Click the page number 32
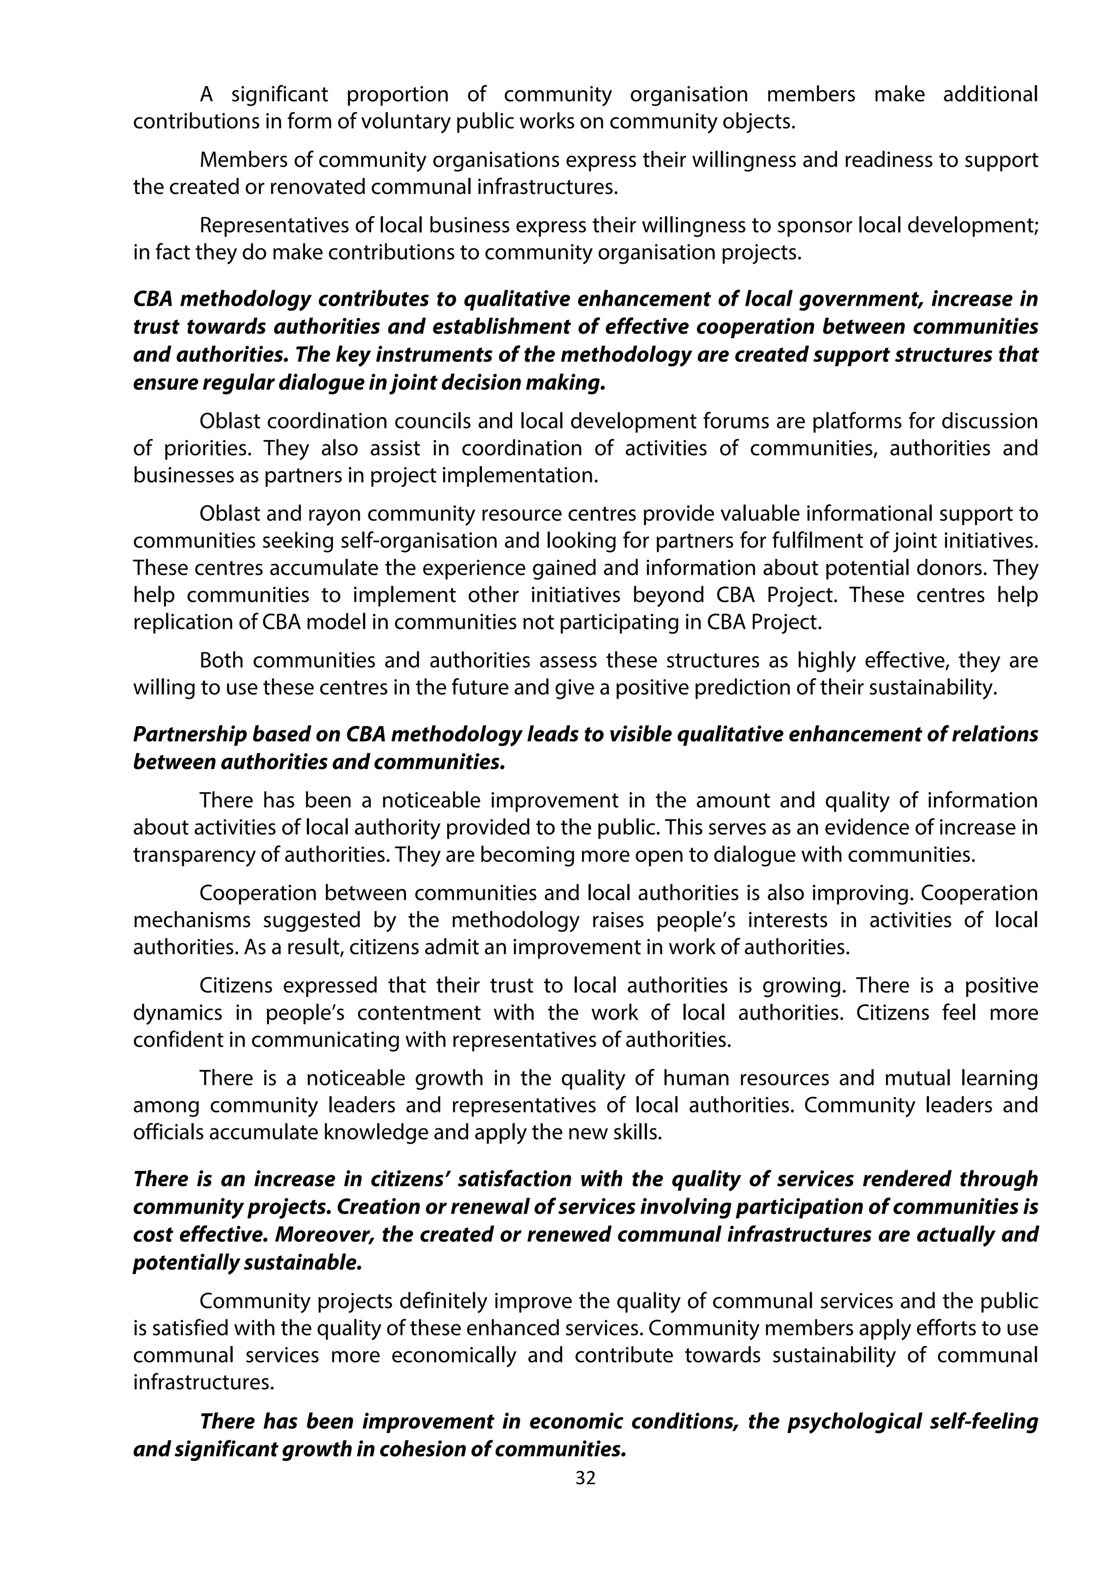tap(585, 1477)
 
